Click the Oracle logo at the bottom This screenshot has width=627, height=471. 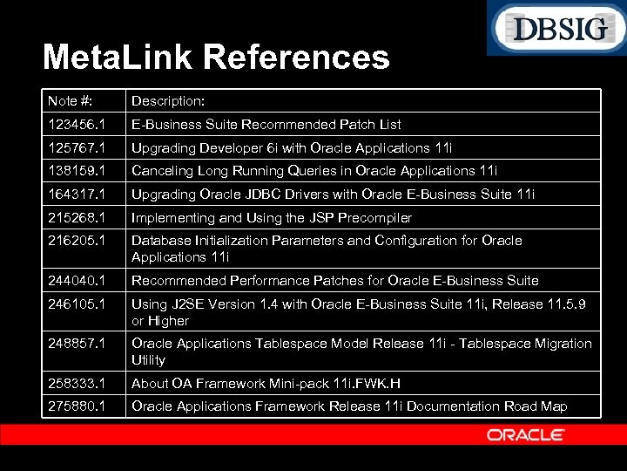[526, 434]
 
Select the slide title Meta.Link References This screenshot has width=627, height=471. [216, 58]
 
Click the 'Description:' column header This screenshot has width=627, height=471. [168, 101]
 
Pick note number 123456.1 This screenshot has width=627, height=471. [77, 125]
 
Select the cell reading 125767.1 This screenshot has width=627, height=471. [77, 148]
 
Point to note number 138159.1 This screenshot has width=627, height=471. [77, 171]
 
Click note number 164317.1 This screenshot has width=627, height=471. [77, 195]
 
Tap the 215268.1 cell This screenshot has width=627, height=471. [77, 218]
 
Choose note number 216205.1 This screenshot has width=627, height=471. [77, 241]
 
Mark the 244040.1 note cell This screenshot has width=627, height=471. [77, 281]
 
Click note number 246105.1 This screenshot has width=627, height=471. [77, 304]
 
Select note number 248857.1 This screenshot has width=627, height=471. [77, 344]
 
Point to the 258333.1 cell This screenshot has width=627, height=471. [77, 384]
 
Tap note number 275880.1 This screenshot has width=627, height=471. [77, 406]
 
